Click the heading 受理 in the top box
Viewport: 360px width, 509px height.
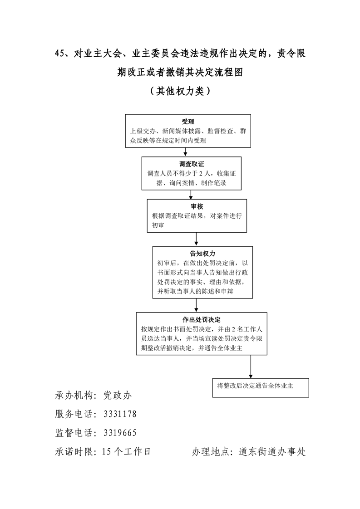188,122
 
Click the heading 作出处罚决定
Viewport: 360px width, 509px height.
202,319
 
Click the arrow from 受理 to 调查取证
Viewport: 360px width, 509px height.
185,152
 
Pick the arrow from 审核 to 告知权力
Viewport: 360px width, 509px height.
196,238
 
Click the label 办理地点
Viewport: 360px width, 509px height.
210,451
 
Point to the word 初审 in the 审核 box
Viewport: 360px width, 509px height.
159,225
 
